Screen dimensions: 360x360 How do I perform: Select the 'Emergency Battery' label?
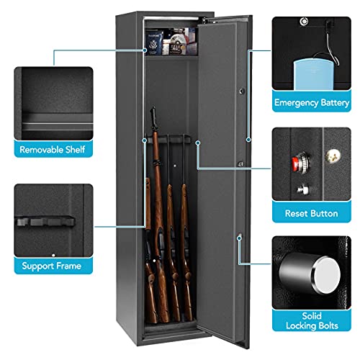[x=312, y=102]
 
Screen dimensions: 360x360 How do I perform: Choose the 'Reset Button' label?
[x=312, y=215]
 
